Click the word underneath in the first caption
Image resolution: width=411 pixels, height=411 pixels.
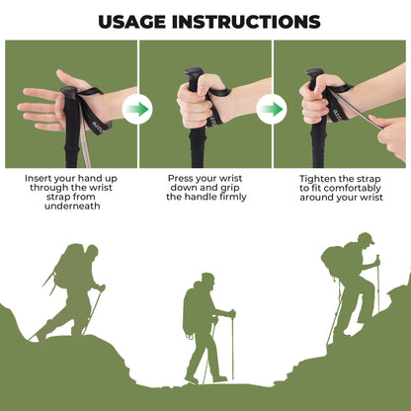pyautogui.click(x=69, y=206)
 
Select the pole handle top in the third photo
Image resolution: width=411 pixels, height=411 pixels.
pyautogui.click(x=315, y=74)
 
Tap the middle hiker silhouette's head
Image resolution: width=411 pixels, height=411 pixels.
pyautogui.click(x=207, y=280)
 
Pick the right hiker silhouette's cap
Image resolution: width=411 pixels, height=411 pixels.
pyautogui.click(x=365, y=238)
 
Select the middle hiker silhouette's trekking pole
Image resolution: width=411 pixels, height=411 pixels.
pyautogui.click(x=233, y=346)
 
